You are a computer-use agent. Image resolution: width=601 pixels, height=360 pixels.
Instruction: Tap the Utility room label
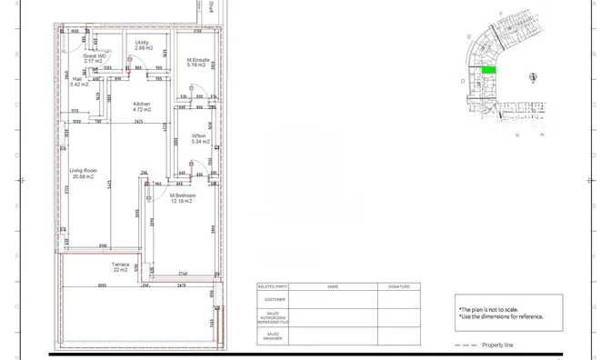click(142, 43)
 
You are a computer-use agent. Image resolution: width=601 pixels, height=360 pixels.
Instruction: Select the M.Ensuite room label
click(199, 60)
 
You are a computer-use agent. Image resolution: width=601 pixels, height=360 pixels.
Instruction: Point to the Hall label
click(76, 79)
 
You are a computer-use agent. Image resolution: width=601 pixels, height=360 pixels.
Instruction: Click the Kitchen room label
click(142, 104)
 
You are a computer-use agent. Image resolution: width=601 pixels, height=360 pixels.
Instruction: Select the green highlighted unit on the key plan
click(488, 70)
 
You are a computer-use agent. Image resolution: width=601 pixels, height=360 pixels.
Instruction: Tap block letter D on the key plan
click(463, 81)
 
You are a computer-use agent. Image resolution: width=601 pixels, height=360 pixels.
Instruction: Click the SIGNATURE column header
click(399, 286)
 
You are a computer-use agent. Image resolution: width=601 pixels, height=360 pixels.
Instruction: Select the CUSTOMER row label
click(275, 299)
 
